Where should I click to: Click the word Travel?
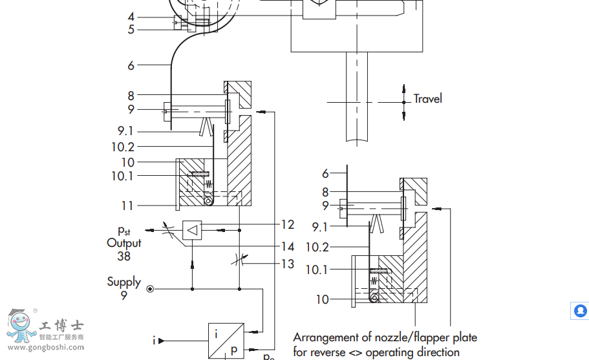point(428,99)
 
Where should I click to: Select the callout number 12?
point(288,225)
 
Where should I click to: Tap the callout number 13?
point(288,264)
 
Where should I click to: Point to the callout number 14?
point(288,246)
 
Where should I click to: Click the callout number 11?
point(127,206)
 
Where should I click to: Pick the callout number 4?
point(131,17)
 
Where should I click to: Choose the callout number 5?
point(131,29)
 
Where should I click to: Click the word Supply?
point(124,282)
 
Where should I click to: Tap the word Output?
point(124,243)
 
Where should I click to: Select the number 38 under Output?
point(124,256)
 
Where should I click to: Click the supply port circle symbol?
point(150,289)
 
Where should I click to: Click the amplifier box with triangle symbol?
point(193,229)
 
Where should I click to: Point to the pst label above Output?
point(124,230)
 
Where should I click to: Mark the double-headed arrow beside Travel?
point(404,101)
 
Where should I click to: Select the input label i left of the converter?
point(154,340)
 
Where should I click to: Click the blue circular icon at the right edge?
point(580,311)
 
